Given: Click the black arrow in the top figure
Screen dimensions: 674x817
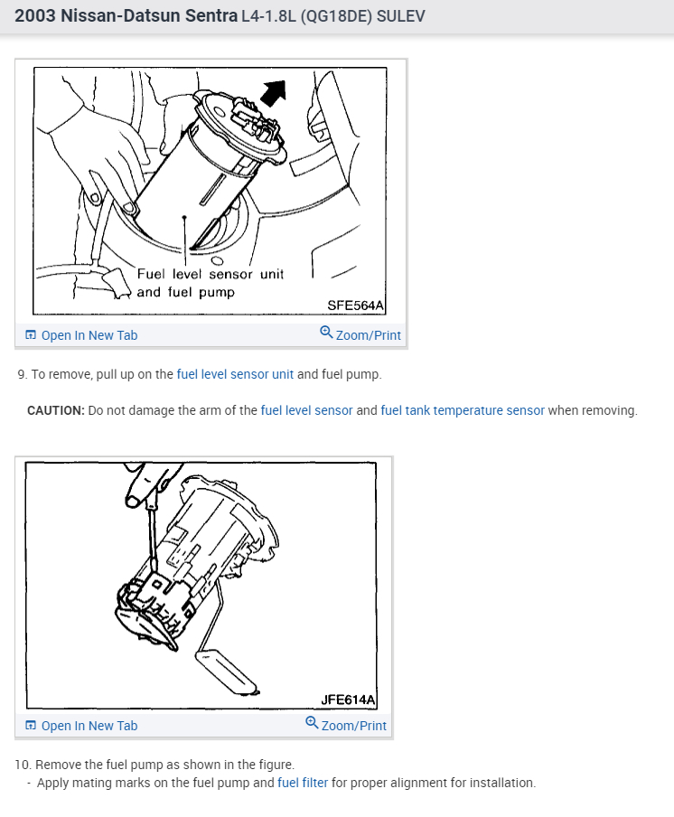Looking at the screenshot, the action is [x=275, y=92].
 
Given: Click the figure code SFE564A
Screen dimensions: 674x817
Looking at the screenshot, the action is [x=355, y=305].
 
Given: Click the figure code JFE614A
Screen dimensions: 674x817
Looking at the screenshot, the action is [x=348, y=700].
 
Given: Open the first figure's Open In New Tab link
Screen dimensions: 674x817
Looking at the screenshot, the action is [x=82, y=335].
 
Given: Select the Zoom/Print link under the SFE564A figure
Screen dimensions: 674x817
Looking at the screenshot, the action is [x=360, y=334].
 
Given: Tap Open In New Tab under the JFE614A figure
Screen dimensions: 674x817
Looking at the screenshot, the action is [x=82, y=726].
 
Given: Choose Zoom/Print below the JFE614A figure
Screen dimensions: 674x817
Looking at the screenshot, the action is [x=346, y=724].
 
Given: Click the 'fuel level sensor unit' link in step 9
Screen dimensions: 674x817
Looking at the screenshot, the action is [x=235, y=374].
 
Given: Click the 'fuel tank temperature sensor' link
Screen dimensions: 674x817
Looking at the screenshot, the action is [x=463, y=410].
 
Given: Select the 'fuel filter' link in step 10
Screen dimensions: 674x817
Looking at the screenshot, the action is [x=303, y=783].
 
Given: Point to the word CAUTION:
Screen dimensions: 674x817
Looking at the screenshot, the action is [x=56, y=410].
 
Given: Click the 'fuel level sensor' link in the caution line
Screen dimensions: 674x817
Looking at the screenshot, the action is [x=307, y=410].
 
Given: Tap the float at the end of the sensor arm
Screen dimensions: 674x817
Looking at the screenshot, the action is [x=227, y=672].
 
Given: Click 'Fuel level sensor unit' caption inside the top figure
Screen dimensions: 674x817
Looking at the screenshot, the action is [x=211, y=274].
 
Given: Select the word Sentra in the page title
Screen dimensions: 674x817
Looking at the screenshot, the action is [x=211, y=15].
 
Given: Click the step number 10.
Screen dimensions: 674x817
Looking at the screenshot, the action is [x=23, y=765].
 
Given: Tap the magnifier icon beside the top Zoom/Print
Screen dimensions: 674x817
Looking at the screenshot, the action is [x=326, y=332].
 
